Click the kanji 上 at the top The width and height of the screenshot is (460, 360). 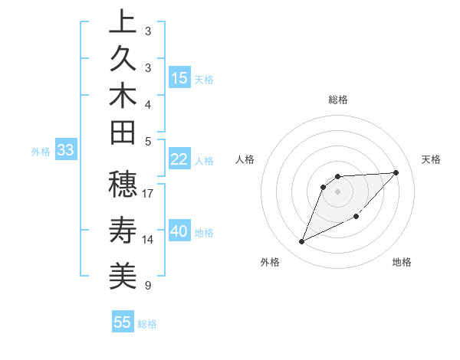(123, 23)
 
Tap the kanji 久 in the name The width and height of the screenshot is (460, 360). (123, 60)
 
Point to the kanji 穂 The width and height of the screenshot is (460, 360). (123, 185)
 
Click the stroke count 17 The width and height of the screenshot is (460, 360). (149, 194)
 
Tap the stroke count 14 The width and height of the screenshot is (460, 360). (149, 240)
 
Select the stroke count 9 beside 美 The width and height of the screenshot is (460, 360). (147, 286)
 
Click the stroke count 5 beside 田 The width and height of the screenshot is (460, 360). (147, 141)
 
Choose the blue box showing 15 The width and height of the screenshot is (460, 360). (179, 78)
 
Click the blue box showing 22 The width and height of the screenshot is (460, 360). (179, 160)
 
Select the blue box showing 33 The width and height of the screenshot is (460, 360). (65, 151)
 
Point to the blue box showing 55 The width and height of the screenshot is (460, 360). (123, 322)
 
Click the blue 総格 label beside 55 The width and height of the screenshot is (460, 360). (147, 324)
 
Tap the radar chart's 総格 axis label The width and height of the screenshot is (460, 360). (338, 100)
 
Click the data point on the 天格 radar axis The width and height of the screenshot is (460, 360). (396, 172)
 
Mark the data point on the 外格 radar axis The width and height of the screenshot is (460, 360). (301, 242)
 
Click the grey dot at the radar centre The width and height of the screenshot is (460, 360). (338, 190)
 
